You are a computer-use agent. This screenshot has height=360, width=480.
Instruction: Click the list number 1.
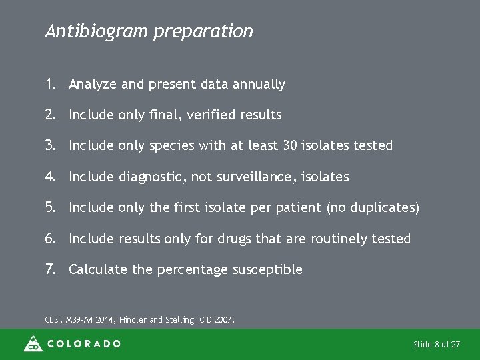click(x=50, y=84)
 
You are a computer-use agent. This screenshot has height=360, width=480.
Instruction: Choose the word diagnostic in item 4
click(x=149, y=177)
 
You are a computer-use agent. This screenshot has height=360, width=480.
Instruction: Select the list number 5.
click(x=51, y=207)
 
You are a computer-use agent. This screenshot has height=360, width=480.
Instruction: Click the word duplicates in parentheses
click(x=377, y=208)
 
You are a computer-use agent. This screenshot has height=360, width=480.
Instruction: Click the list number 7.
click(x=51, y=269)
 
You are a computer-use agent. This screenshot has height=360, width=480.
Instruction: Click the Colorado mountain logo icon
click(x=33, y=343)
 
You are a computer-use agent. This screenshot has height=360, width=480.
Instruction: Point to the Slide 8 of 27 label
click(x=437, y=344)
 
